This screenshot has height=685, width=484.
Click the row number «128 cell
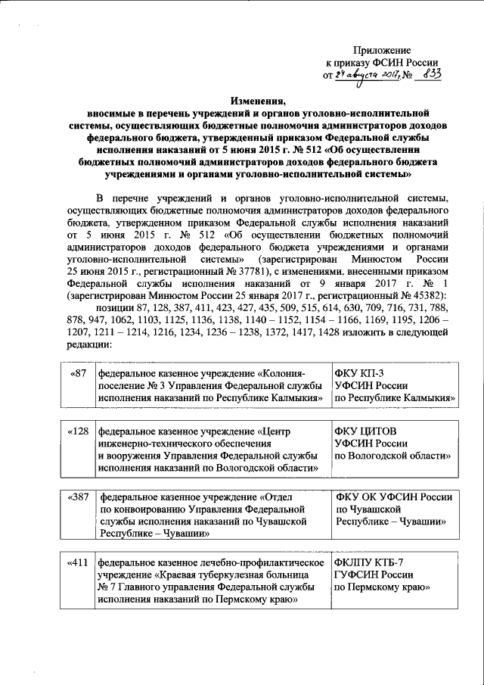point(78,431)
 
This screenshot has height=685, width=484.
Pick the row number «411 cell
point(78,563)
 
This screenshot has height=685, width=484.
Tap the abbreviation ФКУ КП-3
point(360,374)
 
